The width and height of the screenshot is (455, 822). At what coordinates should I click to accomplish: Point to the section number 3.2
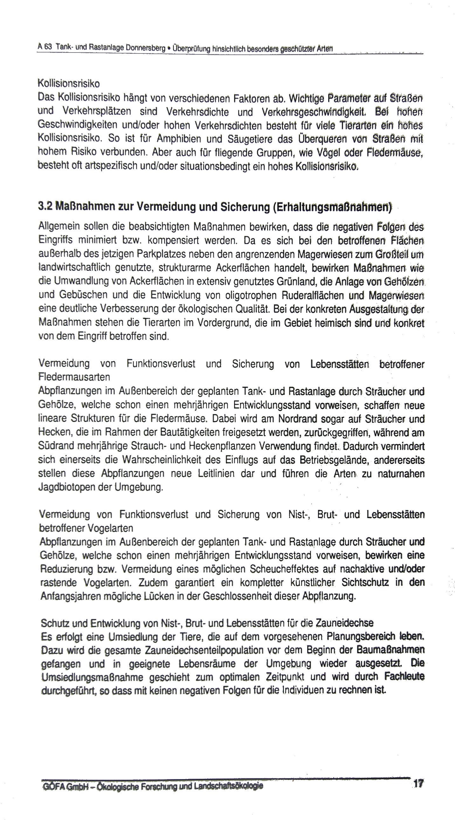pyautogui.click(x=45, y=207)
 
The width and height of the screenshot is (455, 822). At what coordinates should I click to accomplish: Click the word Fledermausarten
pyautogui.click(x=74, y=377)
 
